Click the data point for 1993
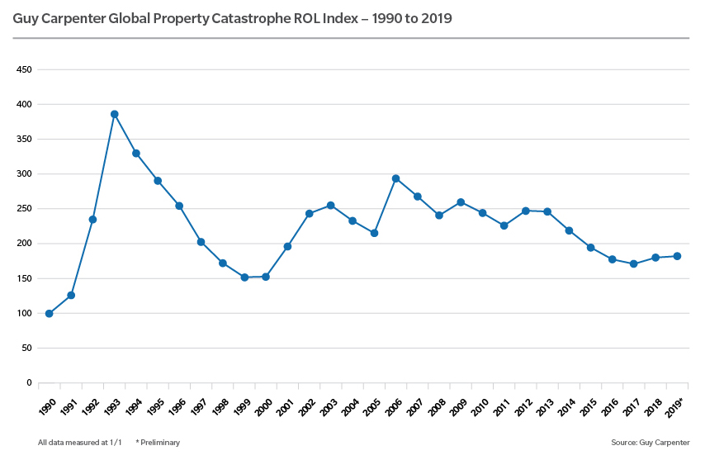tap(115, 114)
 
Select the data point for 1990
tap(50, 314)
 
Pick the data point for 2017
tap(633, 264)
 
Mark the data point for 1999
tap(244, 277)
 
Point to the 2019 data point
tap(677, 256)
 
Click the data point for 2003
tap(331, 206)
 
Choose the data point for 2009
tap(461, 202)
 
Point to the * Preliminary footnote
tap(158, 443)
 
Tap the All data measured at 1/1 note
tap(79, 443)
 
